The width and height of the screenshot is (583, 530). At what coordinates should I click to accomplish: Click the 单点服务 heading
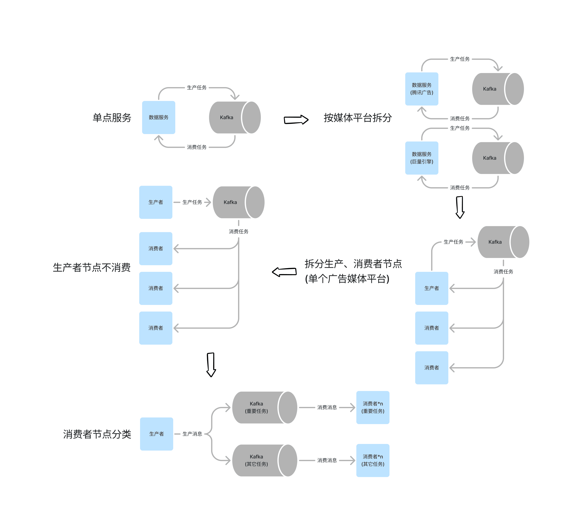(112, 118)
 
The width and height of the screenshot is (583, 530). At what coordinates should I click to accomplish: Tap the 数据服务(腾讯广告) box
(421, 89)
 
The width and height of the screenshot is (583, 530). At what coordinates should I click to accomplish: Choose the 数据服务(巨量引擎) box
(421, 158)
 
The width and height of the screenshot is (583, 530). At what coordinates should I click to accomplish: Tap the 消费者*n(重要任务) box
(373, 407)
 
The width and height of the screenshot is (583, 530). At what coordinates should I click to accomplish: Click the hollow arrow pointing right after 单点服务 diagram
(296, 120)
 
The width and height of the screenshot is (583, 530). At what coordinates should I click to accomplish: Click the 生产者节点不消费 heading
(92, 267)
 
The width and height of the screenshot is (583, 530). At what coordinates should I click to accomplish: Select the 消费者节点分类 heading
(97, 434)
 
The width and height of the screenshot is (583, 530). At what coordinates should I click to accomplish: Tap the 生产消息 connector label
(192, 434)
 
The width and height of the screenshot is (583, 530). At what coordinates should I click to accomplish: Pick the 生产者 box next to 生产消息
(156, 434)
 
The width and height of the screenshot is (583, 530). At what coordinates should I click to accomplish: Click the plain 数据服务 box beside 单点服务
(158, 117)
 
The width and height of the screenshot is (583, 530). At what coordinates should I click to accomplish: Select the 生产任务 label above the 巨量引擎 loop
(460, 128)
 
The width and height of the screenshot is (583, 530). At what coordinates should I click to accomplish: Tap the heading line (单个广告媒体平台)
(347, 279)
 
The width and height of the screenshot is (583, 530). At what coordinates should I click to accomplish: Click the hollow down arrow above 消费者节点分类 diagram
(211, 365)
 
